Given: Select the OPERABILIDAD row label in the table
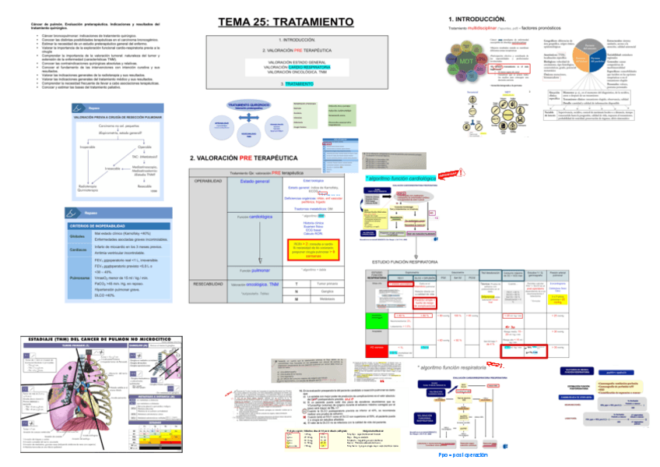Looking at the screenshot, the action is tap(209, 181).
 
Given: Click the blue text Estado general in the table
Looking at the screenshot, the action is tap(255, 181).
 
